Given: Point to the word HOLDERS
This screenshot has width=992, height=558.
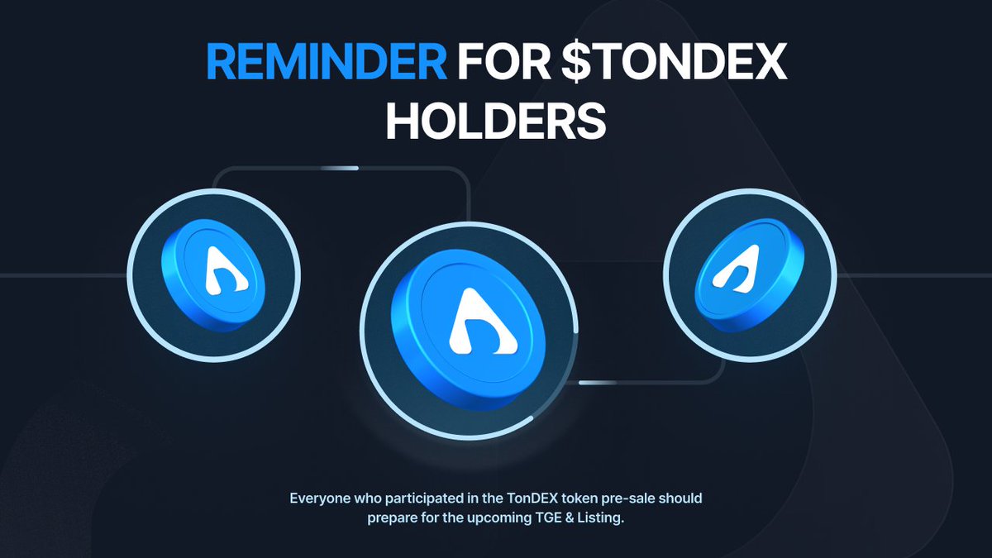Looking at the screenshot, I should [496, 122].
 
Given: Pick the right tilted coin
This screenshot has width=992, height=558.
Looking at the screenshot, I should [749, 275].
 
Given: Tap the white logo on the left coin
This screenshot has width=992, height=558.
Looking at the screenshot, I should [221, 270].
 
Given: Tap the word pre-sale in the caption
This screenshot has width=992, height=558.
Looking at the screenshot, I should [635, 499].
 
